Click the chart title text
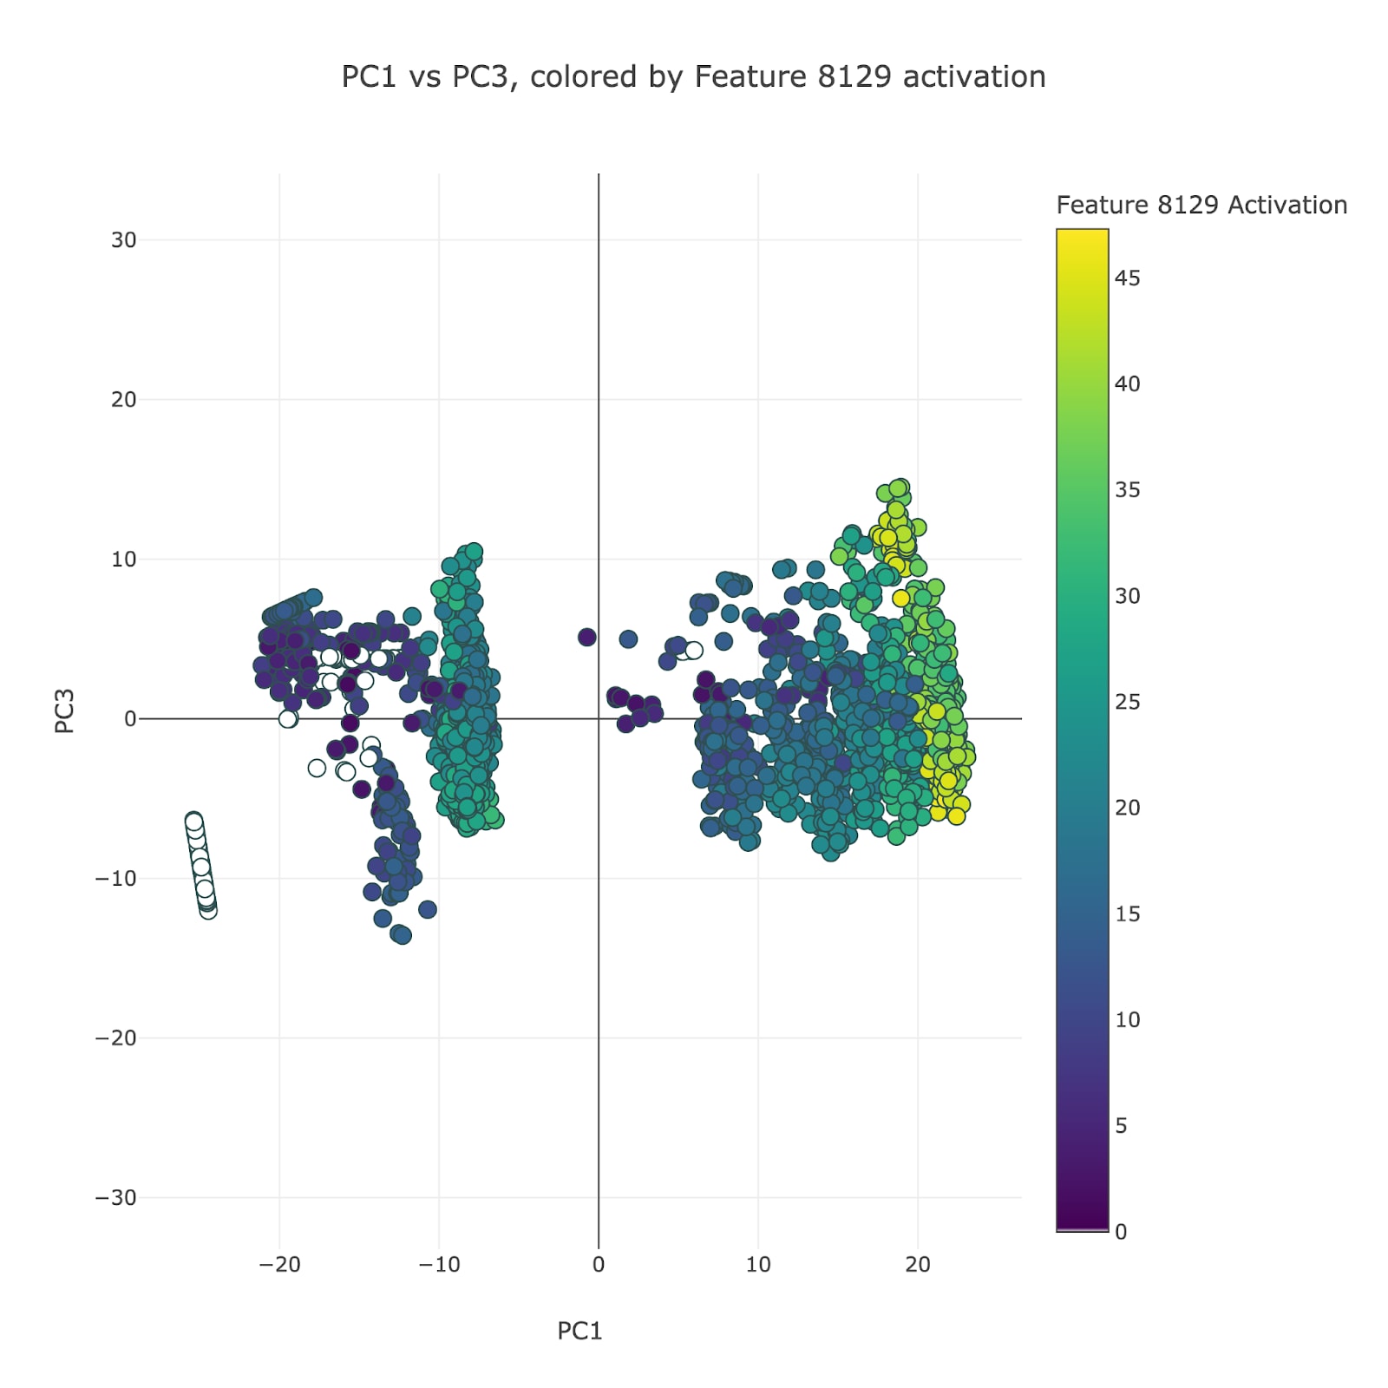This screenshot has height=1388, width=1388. tap(693, 77)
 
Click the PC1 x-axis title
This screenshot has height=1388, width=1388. tap(579, 1331)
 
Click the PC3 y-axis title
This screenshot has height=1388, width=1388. tap(65, 711)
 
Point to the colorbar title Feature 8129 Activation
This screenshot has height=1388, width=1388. tap(1201, 206)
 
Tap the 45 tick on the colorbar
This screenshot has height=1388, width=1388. tap(1127, 278)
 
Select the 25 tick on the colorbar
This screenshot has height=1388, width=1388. tap(1127, 702)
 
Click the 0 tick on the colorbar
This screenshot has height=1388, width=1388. tap(1121, 1232)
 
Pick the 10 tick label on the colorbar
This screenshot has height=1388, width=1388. tap(1127, 1020)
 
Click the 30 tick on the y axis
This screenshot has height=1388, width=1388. tap(123, 240)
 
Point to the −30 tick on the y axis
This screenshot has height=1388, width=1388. tap(116, 1198)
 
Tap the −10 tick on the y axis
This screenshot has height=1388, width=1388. tap(116, 879)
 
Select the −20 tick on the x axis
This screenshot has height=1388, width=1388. tap(279, 1265)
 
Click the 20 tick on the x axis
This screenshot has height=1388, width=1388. tap(918, 1265)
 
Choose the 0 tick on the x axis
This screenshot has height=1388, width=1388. tap(599, 1265)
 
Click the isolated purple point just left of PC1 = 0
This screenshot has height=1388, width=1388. tap(587, 638)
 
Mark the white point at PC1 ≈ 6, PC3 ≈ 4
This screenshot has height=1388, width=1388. tap(694, 651)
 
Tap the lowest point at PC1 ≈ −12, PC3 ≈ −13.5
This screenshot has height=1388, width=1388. tap(403, 935)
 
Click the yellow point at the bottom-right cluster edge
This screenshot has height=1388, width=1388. tap(956, 815)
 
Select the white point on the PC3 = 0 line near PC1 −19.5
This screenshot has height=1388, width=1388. tap(288, 718)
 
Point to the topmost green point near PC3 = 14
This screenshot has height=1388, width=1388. tap(901, 488)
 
